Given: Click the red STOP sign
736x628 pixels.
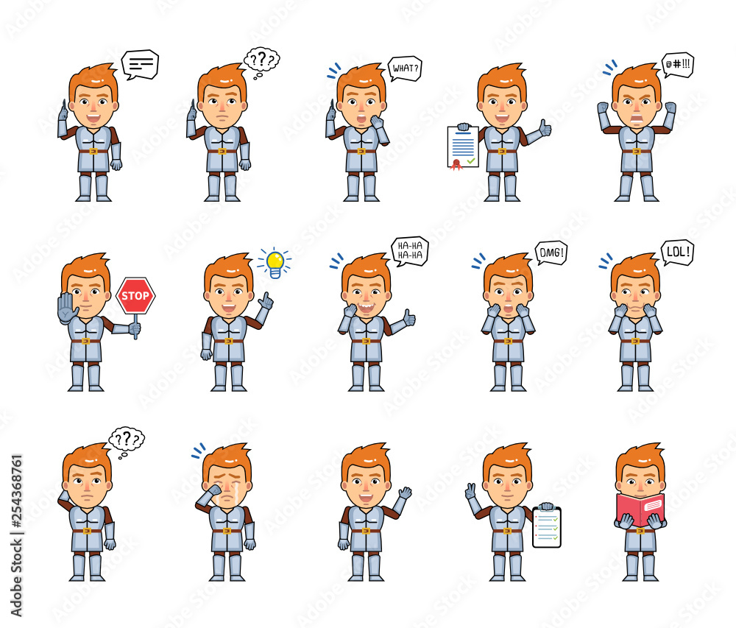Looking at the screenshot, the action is (135, 296).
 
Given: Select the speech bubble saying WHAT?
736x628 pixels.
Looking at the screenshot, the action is (405, 69).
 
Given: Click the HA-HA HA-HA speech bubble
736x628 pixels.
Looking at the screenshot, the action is (410, 251).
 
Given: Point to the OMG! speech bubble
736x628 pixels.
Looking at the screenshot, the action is (551, 253).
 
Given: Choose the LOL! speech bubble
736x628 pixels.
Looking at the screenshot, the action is (677, 253).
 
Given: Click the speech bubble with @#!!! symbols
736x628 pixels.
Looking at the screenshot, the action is (678, 64).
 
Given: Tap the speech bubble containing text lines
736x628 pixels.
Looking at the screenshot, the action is (141, 64).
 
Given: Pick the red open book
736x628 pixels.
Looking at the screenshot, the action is (640, 509).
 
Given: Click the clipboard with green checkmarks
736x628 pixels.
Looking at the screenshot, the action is (547, 527).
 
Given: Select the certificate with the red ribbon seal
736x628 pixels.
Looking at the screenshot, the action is (463, 147).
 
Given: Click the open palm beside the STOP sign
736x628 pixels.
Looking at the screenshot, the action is (68, 308).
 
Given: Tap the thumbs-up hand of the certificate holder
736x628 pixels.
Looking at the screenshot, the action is (545, 127).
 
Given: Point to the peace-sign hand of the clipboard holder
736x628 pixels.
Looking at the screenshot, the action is (471, 491).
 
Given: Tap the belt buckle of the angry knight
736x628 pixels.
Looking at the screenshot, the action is (637, 151).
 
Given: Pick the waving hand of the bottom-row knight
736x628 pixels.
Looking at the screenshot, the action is (405, 493).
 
